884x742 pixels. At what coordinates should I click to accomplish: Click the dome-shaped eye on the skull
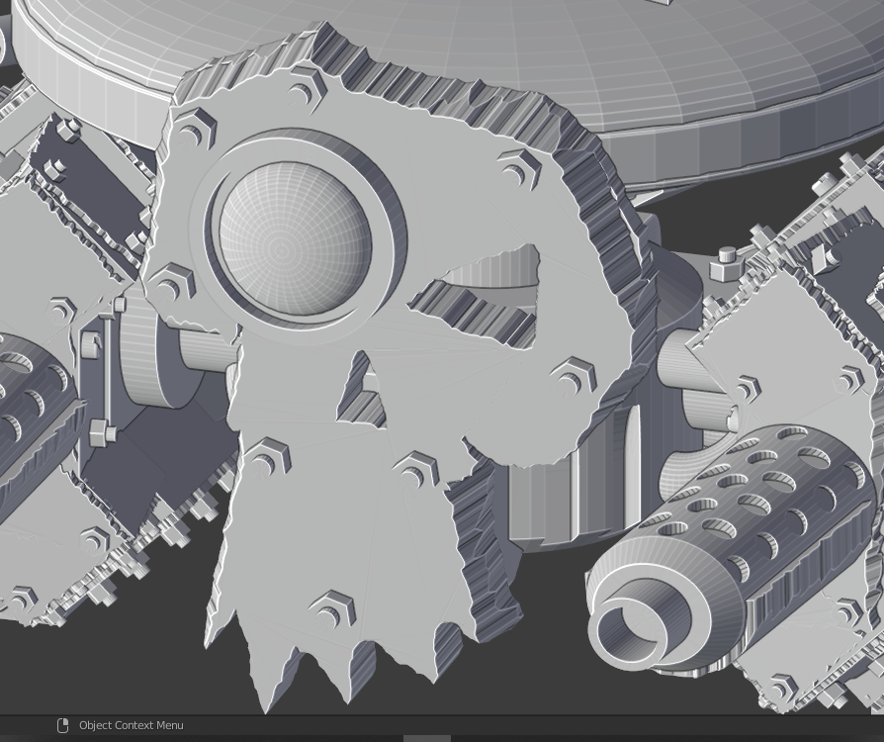[294, 240]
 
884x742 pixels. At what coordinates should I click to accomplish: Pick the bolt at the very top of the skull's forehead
[308, 89]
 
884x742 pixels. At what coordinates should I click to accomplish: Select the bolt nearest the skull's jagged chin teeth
[334, 608]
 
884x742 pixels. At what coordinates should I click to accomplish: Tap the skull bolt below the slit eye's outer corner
[572, 375]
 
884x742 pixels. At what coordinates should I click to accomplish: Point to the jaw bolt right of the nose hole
[416, 468]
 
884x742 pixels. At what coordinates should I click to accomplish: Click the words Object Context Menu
[131, 725]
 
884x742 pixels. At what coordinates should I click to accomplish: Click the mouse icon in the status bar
[62, 725]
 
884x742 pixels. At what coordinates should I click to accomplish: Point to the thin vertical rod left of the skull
[105, 376]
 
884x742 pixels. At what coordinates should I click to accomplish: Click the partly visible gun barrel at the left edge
[30, 396]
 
